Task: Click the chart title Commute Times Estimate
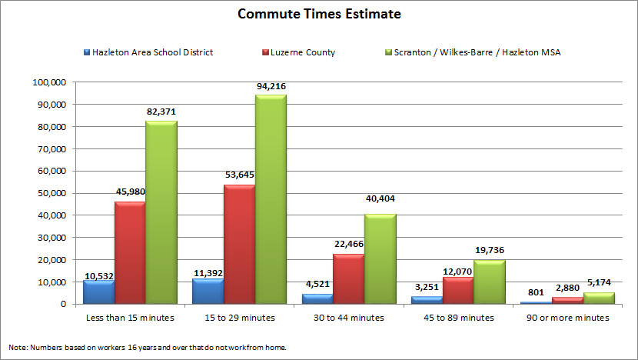pyautogui.click(x=319, y=15)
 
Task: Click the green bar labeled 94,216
pyautogui.click(x=271, y=199)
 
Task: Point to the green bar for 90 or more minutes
pyautogui.click(x=599, y=298)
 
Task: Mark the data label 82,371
pyautogui.click(x=161, y=112)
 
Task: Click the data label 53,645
pyautogui.click(x=239, y=175)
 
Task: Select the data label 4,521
pyautogui.click(x=317, y=285)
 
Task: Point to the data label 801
pyautogui.click(x=537, y=292)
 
